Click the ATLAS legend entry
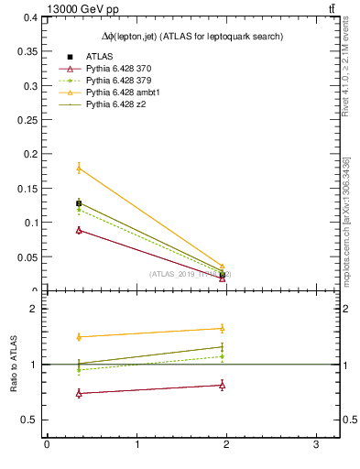100,57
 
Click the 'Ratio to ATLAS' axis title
15,365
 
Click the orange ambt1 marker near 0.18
79,168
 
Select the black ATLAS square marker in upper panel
79,203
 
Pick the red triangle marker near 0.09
79,230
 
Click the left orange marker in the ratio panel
79,337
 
